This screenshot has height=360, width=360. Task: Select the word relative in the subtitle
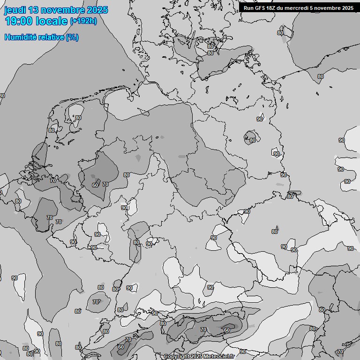tap(49, 37)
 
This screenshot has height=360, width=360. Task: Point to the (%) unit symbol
tap(72, 37)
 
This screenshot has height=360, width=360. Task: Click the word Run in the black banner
tap(248, 7)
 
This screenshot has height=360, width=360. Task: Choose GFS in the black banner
tap(260, 7)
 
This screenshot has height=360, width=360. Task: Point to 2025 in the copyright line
tap(195, 356)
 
